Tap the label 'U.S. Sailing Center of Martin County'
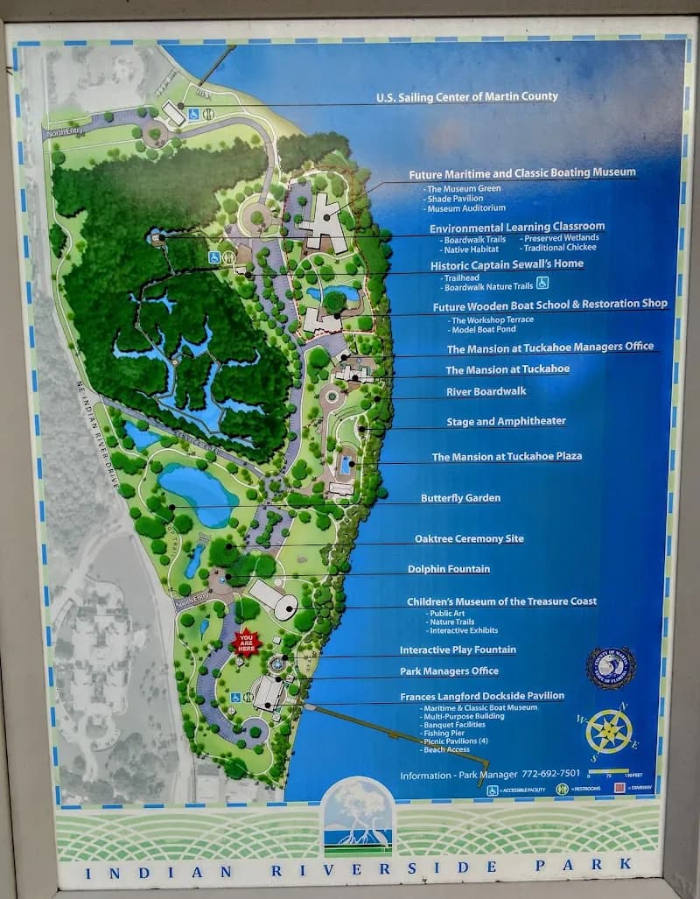tap(466, 97)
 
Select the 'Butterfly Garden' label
tap(460, 498)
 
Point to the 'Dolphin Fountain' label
tap(448, 569)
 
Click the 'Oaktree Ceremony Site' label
tap(469, 538)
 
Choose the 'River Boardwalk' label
tap(486, 391)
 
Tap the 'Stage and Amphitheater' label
tap(506, 421)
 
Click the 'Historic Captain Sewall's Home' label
tap(507, 263)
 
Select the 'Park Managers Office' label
tap(449, 671)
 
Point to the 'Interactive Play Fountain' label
tap(458, 650)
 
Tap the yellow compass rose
tap(609, 731)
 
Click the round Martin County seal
tap(611, 669)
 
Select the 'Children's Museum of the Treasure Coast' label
tap(501, 601)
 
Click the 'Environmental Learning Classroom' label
tap(516, 227)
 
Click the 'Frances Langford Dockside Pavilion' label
tap(481, 696)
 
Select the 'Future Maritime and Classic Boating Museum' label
tap(522, 173)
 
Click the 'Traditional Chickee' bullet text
tap(560, 249)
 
